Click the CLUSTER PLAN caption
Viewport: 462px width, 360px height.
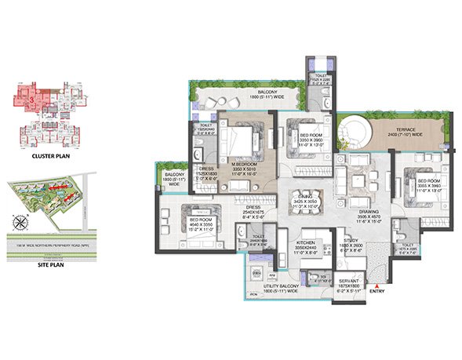[x=41, y=156]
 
